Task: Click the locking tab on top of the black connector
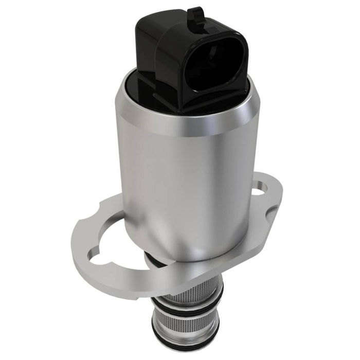click(x=195, y=14)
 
